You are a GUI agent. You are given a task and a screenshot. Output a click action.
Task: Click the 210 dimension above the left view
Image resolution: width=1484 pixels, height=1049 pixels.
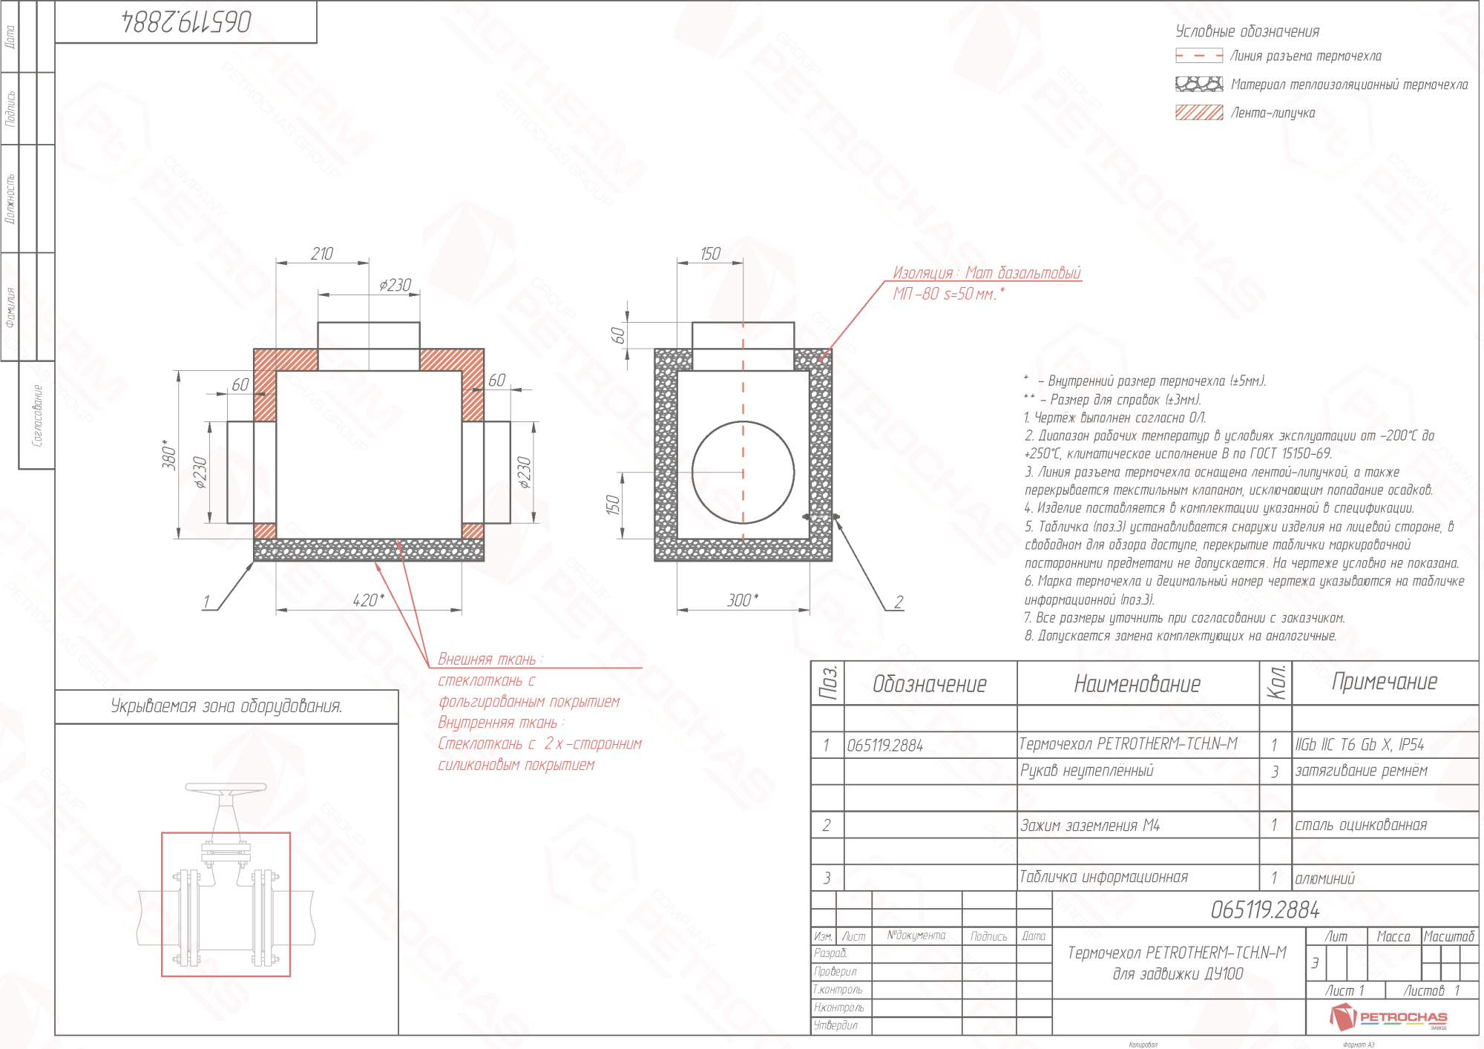coord(322,254)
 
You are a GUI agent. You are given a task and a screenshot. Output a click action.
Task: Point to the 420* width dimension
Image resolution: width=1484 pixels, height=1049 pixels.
coord(368,600)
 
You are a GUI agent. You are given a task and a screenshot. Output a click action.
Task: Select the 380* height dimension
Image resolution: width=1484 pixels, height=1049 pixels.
coord(170,454)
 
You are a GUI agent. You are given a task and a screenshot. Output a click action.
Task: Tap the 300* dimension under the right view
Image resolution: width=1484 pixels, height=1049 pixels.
coord(743,600)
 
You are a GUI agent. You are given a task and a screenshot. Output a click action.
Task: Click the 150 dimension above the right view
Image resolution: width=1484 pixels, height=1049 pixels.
coord(710,254)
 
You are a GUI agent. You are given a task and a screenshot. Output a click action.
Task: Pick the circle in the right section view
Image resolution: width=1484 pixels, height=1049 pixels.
coord(743,472)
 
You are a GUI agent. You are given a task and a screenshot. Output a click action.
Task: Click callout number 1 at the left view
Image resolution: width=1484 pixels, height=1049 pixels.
coord(206,602)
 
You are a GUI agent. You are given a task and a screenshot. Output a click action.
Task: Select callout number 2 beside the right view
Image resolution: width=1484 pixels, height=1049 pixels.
coord(899,602)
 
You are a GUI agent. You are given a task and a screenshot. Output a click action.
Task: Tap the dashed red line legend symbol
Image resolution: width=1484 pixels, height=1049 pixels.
coord(1198,56)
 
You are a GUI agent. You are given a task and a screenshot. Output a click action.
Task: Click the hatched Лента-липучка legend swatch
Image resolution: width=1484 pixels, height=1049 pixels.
coord(1198,112)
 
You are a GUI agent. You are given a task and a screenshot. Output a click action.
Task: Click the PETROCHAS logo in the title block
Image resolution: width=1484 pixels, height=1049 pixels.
coord(1388,1017)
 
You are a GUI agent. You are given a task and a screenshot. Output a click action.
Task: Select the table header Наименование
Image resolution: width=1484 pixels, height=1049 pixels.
coord(1137,683)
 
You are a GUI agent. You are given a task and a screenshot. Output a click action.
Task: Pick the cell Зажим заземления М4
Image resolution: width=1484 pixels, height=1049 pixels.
coord(1089,825)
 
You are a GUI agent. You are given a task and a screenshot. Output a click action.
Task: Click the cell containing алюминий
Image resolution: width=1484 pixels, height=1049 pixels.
coord(1324,878)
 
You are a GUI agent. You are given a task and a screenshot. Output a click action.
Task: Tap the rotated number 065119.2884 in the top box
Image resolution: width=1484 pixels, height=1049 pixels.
coord(186,22)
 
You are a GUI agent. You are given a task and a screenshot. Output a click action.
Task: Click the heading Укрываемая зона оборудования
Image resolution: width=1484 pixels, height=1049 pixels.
coord(226,706)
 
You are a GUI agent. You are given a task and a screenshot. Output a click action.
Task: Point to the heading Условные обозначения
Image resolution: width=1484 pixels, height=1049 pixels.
coord(1247,31)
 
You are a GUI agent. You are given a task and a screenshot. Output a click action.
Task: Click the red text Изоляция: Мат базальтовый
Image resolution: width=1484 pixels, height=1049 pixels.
coord(986,273)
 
